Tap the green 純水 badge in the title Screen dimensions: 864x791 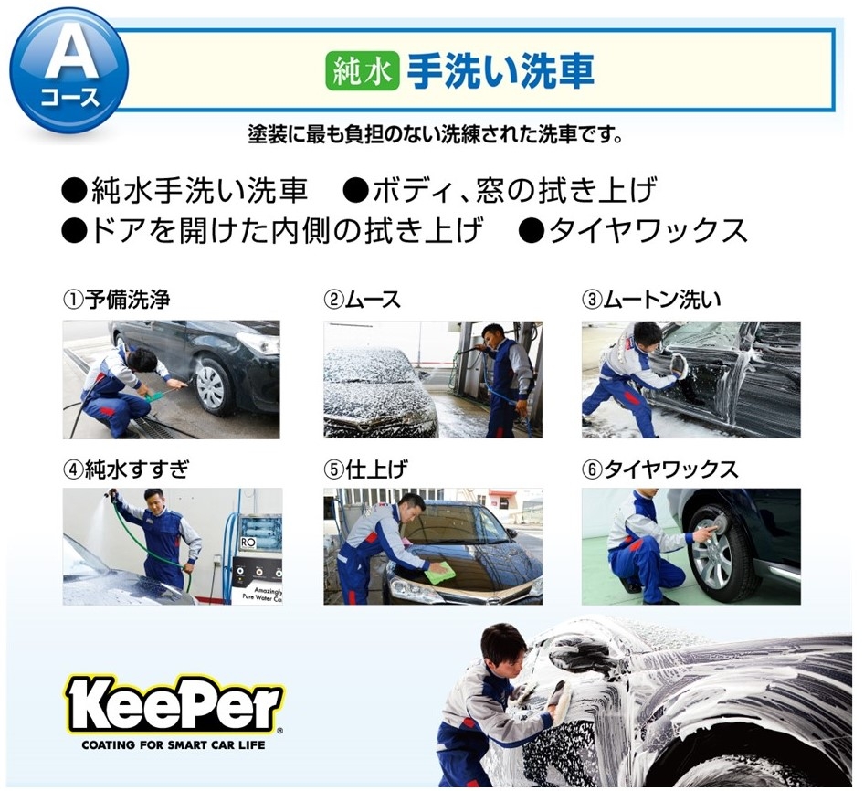pyautogui.click(x=362, y=71)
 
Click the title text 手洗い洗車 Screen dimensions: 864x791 pyautogui.click(x=500, y=71)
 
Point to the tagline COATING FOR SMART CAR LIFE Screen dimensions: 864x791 pyautogui.click(x=174, y=745)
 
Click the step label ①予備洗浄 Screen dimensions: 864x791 pyautogui.click(x=116, y=300)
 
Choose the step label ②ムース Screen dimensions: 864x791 pyautogui.click(x=362, y=300)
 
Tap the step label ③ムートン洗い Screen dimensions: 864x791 pyautogui.click(x=651, y=300)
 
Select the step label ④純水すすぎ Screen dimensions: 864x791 pyautogui.click(x=126, y=469)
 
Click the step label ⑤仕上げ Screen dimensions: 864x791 pyautogui.click(x=365, y=469)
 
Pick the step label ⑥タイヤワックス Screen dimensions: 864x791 pyautogui.click(x=659, y=469)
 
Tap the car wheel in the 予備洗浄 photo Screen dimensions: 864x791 pyautogui.click(x=215, y=385)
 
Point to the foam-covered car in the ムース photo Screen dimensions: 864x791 pyautogui.click(x=377, y=390)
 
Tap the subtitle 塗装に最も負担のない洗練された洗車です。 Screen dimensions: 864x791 pyautogui.click(x=436, y=134)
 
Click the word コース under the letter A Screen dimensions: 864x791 pyautogui.click(x=69, y=97)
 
